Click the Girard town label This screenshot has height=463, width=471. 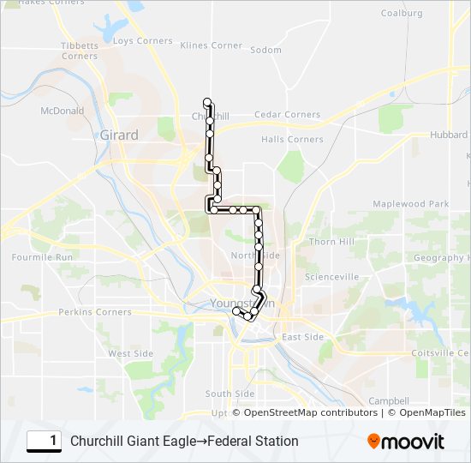click(118, 135)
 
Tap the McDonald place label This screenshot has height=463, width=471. click(62, 111)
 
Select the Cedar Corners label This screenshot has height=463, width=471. click(288, 114)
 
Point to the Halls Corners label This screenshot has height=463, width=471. click(292, 139)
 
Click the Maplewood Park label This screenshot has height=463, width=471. click(410, 204)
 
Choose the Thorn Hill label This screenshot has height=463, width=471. click(331, 242)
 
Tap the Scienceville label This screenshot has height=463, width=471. click(333, 277)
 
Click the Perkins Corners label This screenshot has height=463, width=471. click(95, 312)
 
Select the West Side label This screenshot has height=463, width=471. click(130, 353)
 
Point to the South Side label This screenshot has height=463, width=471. click(230, 394)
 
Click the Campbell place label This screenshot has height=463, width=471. click(389, 400)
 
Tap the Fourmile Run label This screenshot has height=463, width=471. click(42, 256)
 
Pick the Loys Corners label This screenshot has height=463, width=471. click(142, 41)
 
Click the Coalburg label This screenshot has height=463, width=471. click(402, 14)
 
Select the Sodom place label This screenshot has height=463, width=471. click(265, 50)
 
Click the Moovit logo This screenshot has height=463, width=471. click(406, 442)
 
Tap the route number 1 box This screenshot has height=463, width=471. click(45, 441)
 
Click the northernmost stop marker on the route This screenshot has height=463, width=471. click(207, 102)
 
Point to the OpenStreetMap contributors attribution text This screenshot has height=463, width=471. click(309, 412)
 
